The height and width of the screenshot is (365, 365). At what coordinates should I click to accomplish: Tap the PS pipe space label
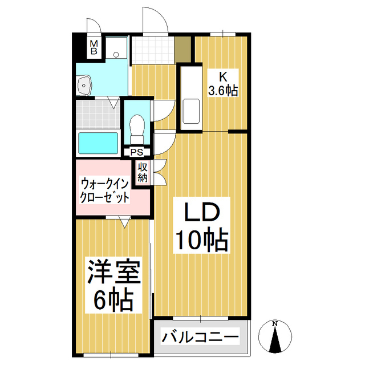click(x=137, y=152)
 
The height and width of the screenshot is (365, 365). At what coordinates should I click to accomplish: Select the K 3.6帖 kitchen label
click(x=222, y=83)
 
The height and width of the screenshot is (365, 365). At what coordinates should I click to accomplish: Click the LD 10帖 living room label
click(x=201, y=226)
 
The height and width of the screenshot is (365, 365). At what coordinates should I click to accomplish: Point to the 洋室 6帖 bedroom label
click(x=113, y=285)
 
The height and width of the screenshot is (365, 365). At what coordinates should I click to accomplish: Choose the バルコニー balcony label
click(x=200, y=336)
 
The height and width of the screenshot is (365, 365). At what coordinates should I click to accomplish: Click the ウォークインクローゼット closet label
click(x=106, y=192)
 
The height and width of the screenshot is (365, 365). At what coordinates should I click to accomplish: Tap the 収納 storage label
click(x=143, y=173)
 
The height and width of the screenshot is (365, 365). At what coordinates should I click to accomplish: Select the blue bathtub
click(x=98, y=143)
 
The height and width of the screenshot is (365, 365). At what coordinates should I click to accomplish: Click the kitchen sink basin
click(x=190, y=111)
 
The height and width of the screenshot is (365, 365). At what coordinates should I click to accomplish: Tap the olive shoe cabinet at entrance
click(x=182, y=50)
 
